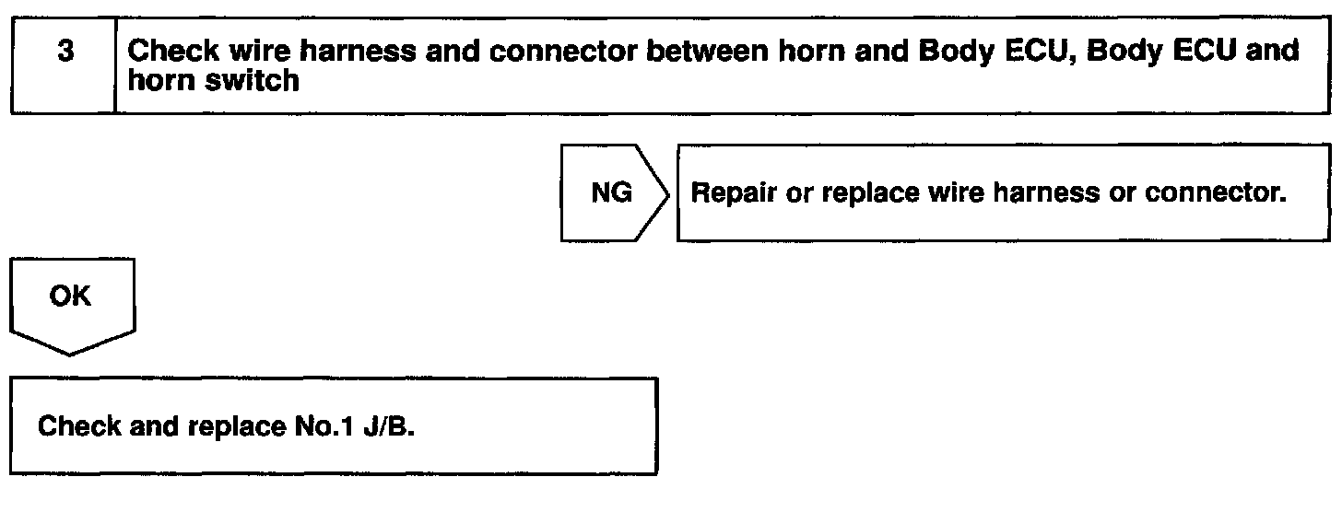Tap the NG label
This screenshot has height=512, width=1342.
pyautogui.click(x=611, y=193)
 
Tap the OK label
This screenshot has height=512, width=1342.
pyautogui.click(x=70, y=297)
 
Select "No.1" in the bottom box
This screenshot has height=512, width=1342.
pyautogui.click(x=329, y=426)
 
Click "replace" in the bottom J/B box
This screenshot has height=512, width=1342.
pyautogui.click(x=231, y=426)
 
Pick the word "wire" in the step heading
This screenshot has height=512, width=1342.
pyautogui.click(x=255, y=52)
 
